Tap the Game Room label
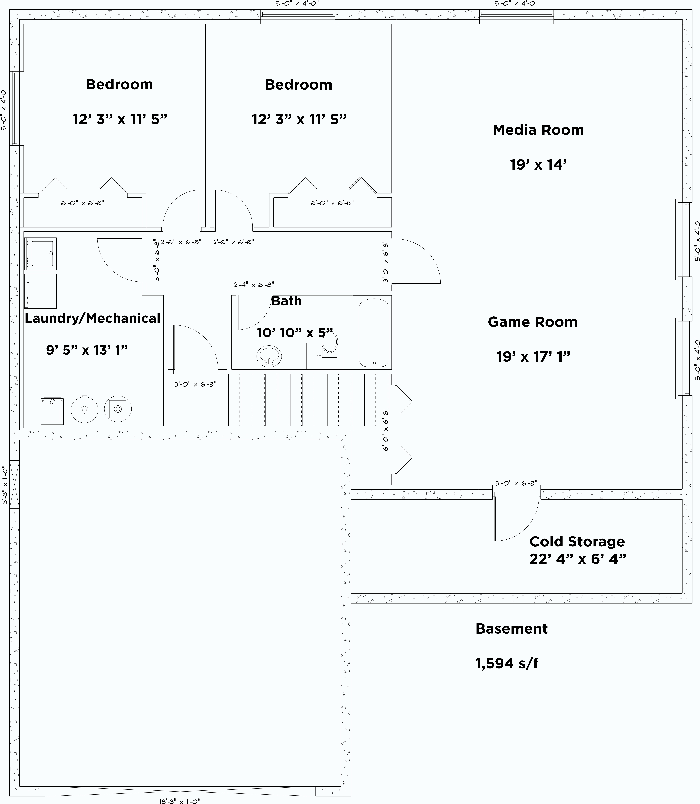click(532, 322)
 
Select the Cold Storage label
click(577, 541)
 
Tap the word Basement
click(511, 629)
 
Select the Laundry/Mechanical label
click(92, 318)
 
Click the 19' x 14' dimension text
click(538, 164)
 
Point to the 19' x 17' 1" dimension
click(533, 356)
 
